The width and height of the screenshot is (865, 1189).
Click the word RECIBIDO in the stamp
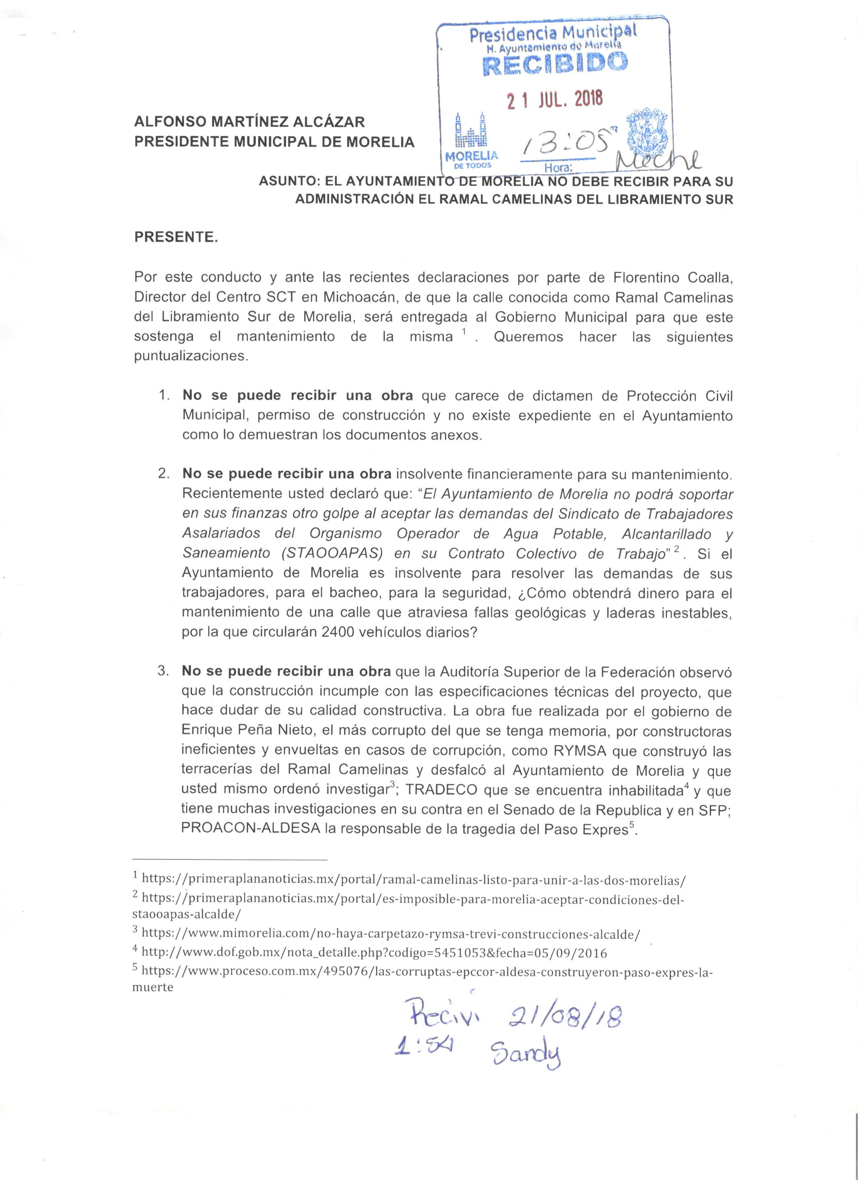tap(555, 64)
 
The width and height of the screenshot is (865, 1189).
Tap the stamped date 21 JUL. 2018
tap(555, 99)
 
